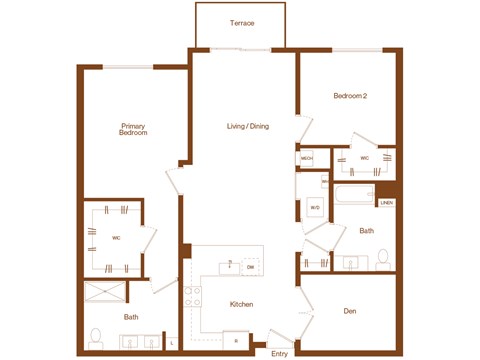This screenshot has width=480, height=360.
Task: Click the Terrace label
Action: (241, 22)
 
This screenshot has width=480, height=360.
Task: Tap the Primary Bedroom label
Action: (133, 130)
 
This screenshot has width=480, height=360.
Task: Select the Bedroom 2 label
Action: (351, 96)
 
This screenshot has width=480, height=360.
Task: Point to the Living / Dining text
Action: (247, 126)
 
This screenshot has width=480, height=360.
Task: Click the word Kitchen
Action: (241, 304)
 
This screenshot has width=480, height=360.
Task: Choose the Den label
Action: (350, 311)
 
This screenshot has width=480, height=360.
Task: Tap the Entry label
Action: (279, 353)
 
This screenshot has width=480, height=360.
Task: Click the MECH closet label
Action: (307, 159)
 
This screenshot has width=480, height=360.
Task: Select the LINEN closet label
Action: (386, 203)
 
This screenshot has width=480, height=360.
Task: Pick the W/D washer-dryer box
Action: (314, 208)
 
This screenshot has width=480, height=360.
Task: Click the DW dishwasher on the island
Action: (250, 268)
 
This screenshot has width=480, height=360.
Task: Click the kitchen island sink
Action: (229, 266)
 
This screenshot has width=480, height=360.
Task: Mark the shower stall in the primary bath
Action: (106, 294)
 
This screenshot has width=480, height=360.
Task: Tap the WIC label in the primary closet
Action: (117, 238)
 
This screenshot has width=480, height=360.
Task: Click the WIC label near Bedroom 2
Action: (365, 158)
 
